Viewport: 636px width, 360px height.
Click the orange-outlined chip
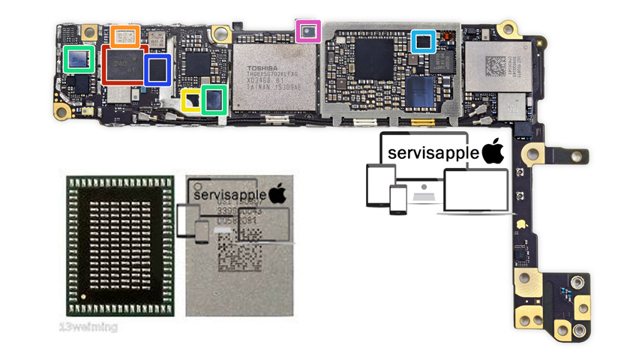point(125,36)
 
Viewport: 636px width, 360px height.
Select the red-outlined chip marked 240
point(122,65)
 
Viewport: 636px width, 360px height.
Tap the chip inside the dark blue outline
point(158,69)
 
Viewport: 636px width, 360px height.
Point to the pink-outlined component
point(308,31)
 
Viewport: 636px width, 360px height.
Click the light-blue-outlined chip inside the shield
point(424,40)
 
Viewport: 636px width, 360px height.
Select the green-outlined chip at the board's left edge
point(79,59)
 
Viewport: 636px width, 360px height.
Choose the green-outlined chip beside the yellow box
point(215,100)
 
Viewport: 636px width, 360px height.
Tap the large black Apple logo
point(493,151)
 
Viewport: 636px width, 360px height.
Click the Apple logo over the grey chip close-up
point(277,193)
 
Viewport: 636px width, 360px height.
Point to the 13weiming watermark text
point(88,327)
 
